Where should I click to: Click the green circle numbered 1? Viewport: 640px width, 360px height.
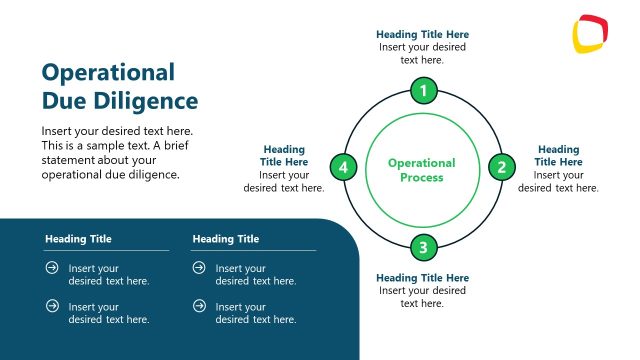pos(423,92)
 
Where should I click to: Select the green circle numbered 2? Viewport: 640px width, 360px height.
pos(502,167)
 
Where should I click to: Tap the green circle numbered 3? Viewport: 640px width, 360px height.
pos(423,247)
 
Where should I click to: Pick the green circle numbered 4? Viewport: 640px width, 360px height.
pos(344,167)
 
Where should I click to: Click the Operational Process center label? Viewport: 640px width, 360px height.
pos(422,170)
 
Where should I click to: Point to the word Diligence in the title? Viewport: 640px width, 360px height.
pos(148,101)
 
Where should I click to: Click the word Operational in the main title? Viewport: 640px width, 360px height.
pos(108,72)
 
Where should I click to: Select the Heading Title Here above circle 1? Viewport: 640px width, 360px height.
pos(422,34)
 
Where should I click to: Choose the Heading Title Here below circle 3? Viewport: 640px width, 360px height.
pos(422,277)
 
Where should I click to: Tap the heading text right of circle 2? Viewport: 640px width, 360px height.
pos(558,156)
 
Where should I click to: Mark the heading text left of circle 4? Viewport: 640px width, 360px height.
pos(284,156)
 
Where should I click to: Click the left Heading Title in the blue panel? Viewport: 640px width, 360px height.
pos(78,239)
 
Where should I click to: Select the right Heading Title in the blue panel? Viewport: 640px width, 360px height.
pos(226,239)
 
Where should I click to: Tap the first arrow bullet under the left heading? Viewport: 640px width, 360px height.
pos(52,268)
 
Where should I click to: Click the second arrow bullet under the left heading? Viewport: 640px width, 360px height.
pos(52,306)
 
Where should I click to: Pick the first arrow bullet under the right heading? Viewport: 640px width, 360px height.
pos(199,268)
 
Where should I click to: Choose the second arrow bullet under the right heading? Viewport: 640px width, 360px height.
pos(199,306)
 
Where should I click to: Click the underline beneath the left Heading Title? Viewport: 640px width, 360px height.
pos(106,250)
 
